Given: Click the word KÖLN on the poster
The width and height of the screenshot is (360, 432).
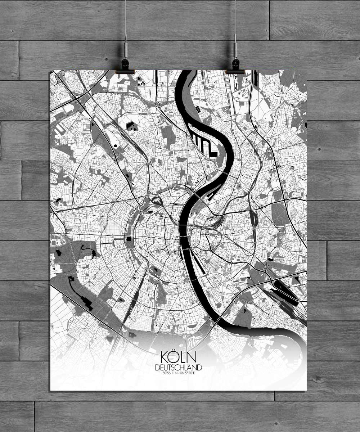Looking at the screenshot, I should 179,358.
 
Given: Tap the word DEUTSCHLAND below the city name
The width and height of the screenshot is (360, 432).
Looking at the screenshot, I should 179,368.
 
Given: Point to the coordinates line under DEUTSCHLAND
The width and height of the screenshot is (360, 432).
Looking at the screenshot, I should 179,373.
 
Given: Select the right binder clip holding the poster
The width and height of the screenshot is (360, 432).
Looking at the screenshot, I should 235,65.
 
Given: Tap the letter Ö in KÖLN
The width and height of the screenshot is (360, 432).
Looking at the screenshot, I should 173,357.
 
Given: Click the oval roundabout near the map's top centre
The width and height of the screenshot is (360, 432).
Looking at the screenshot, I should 157,104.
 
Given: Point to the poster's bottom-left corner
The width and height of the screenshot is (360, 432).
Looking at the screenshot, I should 50,390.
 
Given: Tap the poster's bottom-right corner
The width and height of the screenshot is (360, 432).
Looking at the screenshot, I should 306,390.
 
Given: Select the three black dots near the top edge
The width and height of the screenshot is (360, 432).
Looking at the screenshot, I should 143,82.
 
